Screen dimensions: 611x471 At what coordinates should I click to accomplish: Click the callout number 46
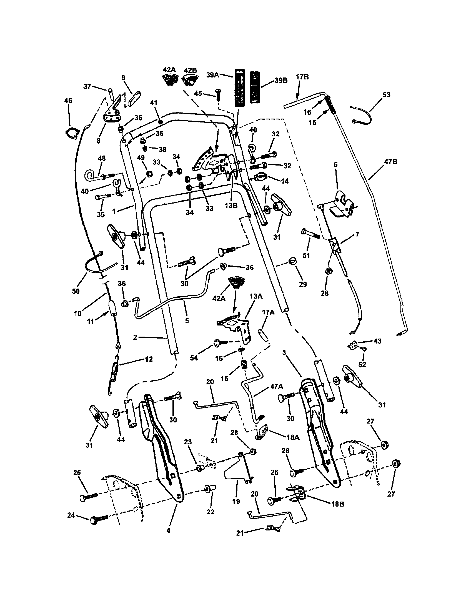coord(68,101)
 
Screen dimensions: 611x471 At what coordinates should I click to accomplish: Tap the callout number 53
coord(386,95)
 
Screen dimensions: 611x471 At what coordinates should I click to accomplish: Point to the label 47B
coord(391,162)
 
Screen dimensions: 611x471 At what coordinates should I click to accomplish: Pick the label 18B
coord(337,504)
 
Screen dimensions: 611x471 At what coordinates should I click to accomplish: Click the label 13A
coord(256,296)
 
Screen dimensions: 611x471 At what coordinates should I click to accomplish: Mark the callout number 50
coord(76,291)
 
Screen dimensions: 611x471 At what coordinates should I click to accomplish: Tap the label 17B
coord(302,77)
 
